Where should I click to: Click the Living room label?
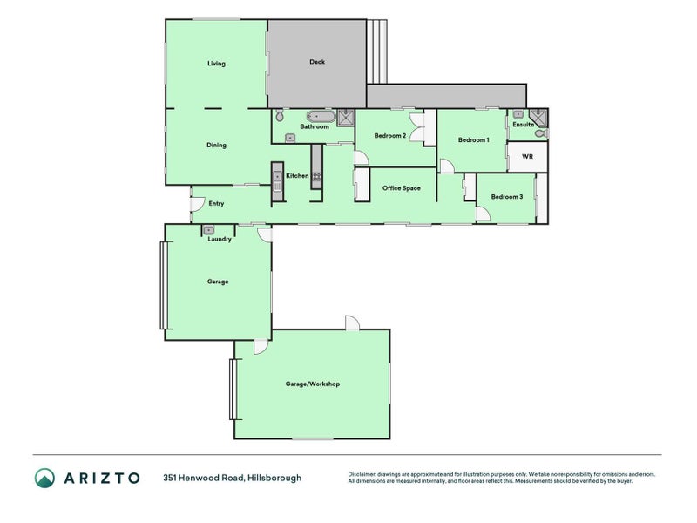[x=216, y=64]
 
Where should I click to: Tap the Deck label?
[x=317, y=62]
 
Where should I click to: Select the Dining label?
[x=216, y=146]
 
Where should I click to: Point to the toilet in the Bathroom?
[x=280, y=115]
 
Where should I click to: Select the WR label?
[x=527, y=157]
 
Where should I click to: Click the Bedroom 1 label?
[x=473, y=140]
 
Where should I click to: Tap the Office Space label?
[x=402, y=188]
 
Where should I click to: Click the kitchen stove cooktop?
[x=317, y=176]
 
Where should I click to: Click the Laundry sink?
[x=210, y=229]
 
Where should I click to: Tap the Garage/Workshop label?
[x=312, y=384]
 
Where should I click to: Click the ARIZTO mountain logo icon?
[x=44, y=478]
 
